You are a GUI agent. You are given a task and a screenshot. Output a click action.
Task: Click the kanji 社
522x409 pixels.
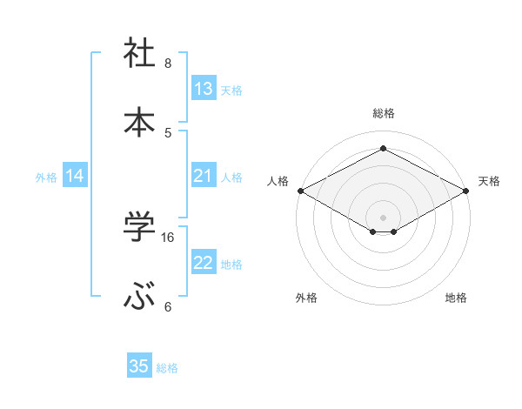139,53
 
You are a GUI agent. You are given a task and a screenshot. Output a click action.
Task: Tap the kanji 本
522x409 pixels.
139,122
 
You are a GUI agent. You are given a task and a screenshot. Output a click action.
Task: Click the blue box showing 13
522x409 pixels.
204,89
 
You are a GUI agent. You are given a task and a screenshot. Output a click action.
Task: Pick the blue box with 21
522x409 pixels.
204,177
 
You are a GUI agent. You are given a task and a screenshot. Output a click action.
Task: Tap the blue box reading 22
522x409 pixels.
204,264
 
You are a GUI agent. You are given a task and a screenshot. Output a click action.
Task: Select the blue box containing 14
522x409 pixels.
75,177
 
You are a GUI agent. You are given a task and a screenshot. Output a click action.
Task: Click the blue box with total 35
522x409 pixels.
139,366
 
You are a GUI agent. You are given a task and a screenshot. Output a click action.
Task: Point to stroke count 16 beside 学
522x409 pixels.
168,237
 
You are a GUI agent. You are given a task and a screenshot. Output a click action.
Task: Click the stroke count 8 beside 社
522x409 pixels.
168,63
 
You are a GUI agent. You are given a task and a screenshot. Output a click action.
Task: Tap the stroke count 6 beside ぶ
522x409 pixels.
168,306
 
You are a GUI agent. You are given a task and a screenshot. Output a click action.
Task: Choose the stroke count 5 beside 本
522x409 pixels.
168,132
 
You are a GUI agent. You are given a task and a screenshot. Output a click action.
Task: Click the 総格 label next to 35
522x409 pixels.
167,368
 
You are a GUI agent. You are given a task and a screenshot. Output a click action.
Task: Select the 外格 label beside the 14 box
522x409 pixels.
46,178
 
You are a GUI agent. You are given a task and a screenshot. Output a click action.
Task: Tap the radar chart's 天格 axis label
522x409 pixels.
489,181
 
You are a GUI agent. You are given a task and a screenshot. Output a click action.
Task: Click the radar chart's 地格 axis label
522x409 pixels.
456,298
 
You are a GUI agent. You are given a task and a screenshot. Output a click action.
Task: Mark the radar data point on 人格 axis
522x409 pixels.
300,191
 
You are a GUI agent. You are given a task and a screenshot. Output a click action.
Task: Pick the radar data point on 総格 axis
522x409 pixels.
383,149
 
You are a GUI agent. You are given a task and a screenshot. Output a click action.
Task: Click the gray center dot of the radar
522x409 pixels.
383,217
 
